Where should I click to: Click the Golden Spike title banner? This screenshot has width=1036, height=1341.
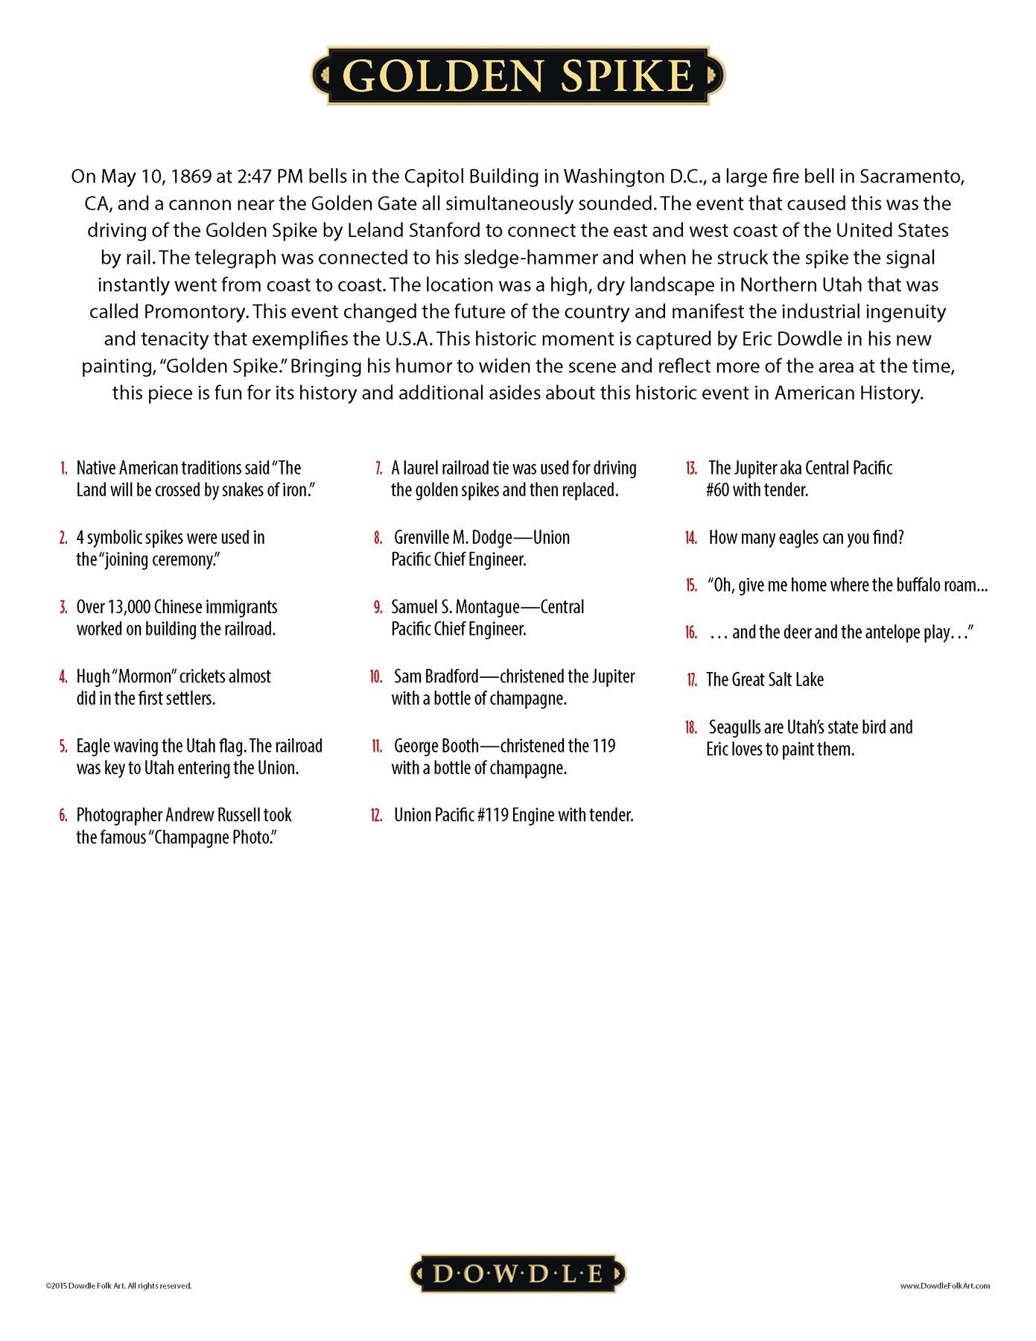pos(518,76)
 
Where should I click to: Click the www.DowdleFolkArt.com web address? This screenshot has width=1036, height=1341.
pos(944,1285)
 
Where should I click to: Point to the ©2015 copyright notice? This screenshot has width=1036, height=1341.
pos(118,1285)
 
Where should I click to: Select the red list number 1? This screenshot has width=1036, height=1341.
pos(63,469)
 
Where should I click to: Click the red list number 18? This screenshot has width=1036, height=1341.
pos(691,728)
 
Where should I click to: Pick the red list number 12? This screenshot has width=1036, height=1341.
pos(376,816)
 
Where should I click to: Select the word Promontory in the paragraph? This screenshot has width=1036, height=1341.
pos(196,311)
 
